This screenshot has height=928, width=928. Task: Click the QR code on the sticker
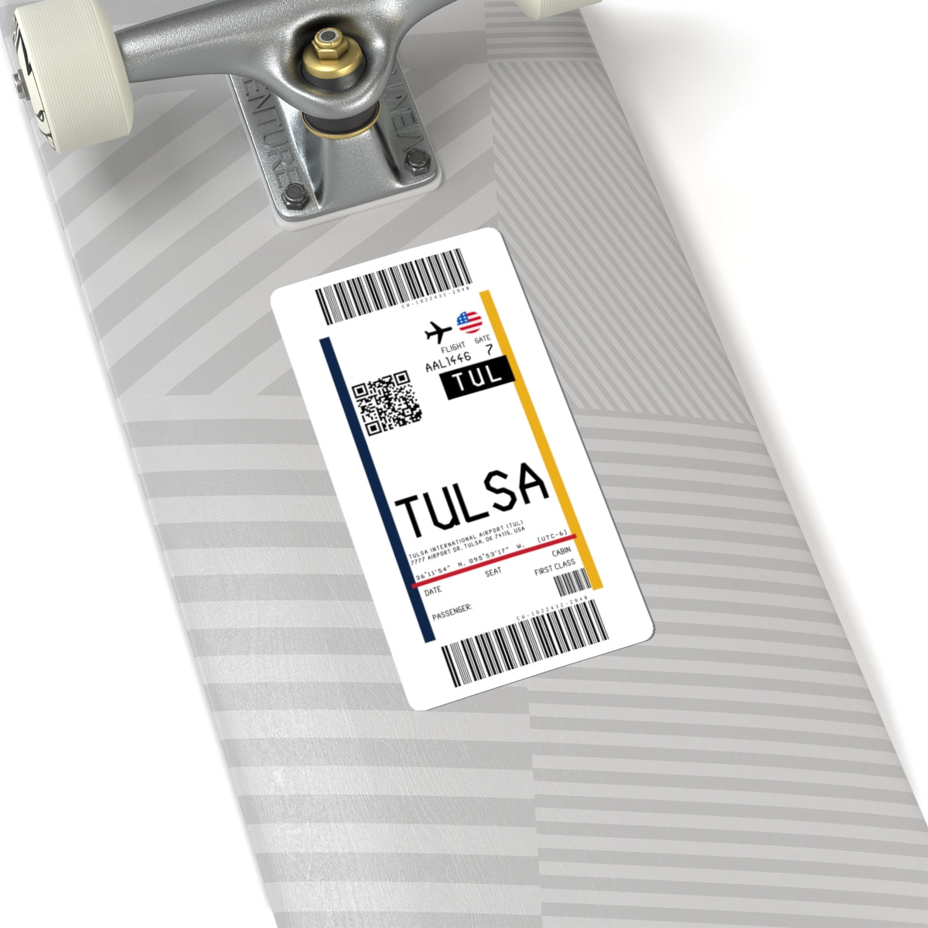(x=387, y=401)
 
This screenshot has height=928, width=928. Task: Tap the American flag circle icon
(x=469, y=320)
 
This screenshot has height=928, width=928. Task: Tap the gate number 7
(x=488, y=350)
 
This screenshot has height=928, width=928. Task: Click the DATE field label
(x=433, y=590)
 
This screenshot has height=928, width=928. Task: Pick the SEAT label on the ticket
(x=493, y=572)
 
